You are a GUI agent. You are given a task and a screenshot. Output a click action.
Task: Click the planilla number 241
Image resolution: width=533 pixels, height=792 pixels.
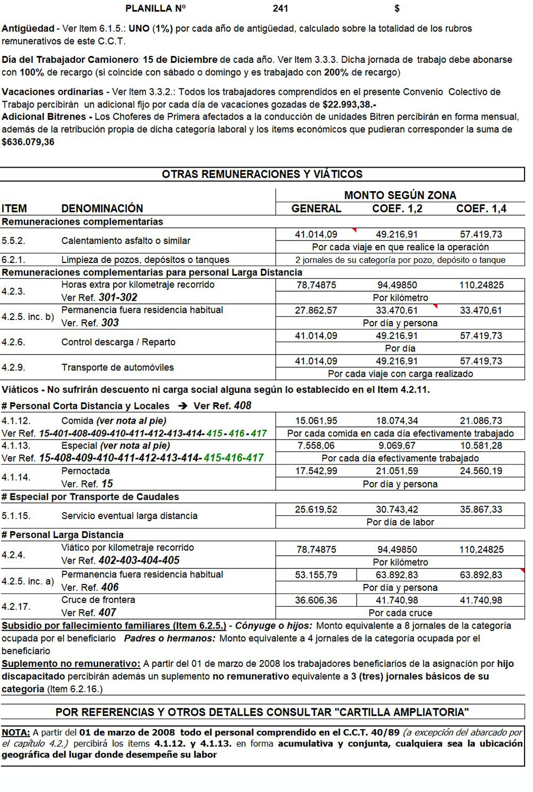tap(280, 9)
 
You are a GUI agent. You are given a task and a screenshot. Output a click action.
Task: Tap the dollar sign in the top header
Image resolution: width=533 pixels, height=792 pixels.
tap(397, 9)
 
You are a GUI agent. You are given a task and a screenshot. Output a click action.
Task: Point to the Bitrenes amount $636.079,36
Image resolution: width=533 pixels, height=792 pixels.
tap(28, 142)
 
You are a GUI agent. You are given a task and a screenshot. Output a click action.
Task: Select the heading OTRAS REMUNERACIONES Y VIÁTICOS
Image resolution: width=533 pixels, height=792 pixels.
tap(262, 175)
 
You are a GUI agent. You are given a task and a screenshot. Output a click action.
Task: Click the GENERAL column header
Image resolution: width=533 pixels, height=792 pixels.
tap(316, 209)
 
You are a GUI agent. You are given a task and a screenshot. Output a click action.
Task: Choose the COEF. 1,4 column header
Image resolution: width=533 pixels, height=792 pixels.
tap(481, 209)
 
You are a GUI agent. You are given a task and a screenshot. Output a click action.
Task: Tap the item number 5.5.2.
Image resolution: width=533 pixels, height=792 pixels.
tap(13, 241)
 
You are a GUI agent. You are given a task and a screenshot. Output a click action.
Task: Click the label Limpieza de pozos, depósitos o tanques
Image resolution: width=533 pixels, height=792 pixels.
tap(145, 260)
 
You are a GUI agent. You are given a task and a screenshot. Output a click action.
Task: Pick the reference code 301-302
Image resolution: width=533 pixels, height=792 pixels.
tap(118, 298)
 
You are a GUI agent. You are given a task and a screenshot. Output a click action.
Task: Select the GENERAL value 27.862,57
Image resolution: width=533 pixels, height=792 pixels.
tap(316, 310)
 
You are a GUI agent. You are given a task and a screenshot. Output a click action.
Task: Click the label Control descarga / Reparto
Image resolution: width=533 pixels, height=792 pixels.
tap(118, 342)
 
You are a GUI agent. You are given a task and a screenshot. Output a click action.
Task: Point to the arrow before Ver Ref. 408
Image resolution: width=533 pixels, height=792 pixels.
tap(183, 406)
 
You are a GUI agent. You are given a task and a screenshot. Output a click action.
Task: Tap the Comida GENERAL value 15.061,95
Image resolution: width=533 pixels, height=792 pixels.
tap(316, 421)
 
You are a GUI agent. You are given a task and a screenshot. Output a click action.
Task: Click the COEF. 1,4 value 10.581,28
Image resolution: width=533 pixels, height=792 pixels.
tap(481, 446)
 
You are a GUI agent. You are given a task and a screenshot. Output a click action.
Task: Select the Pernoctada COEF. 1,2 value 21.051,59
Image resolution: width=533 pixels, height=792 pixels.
tap(397, 471)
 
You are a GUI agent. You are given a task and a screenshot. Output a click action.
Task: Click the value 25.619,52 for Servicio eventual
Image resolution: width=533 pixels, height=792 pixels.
tap(316, 509)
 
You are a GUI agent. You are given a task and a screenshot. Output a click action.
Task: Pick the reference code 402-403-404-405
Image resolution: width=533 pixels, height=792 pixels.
tap(139, 560)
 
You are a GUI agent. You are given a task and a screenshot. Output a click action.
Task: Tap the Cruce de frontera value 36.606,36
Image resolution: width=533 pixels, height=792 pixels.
tap(316, 600)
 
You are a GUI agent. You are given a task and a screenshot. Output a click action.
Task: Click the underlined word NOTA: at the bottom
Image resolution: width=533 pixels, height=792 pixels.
tap(16, 733)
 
